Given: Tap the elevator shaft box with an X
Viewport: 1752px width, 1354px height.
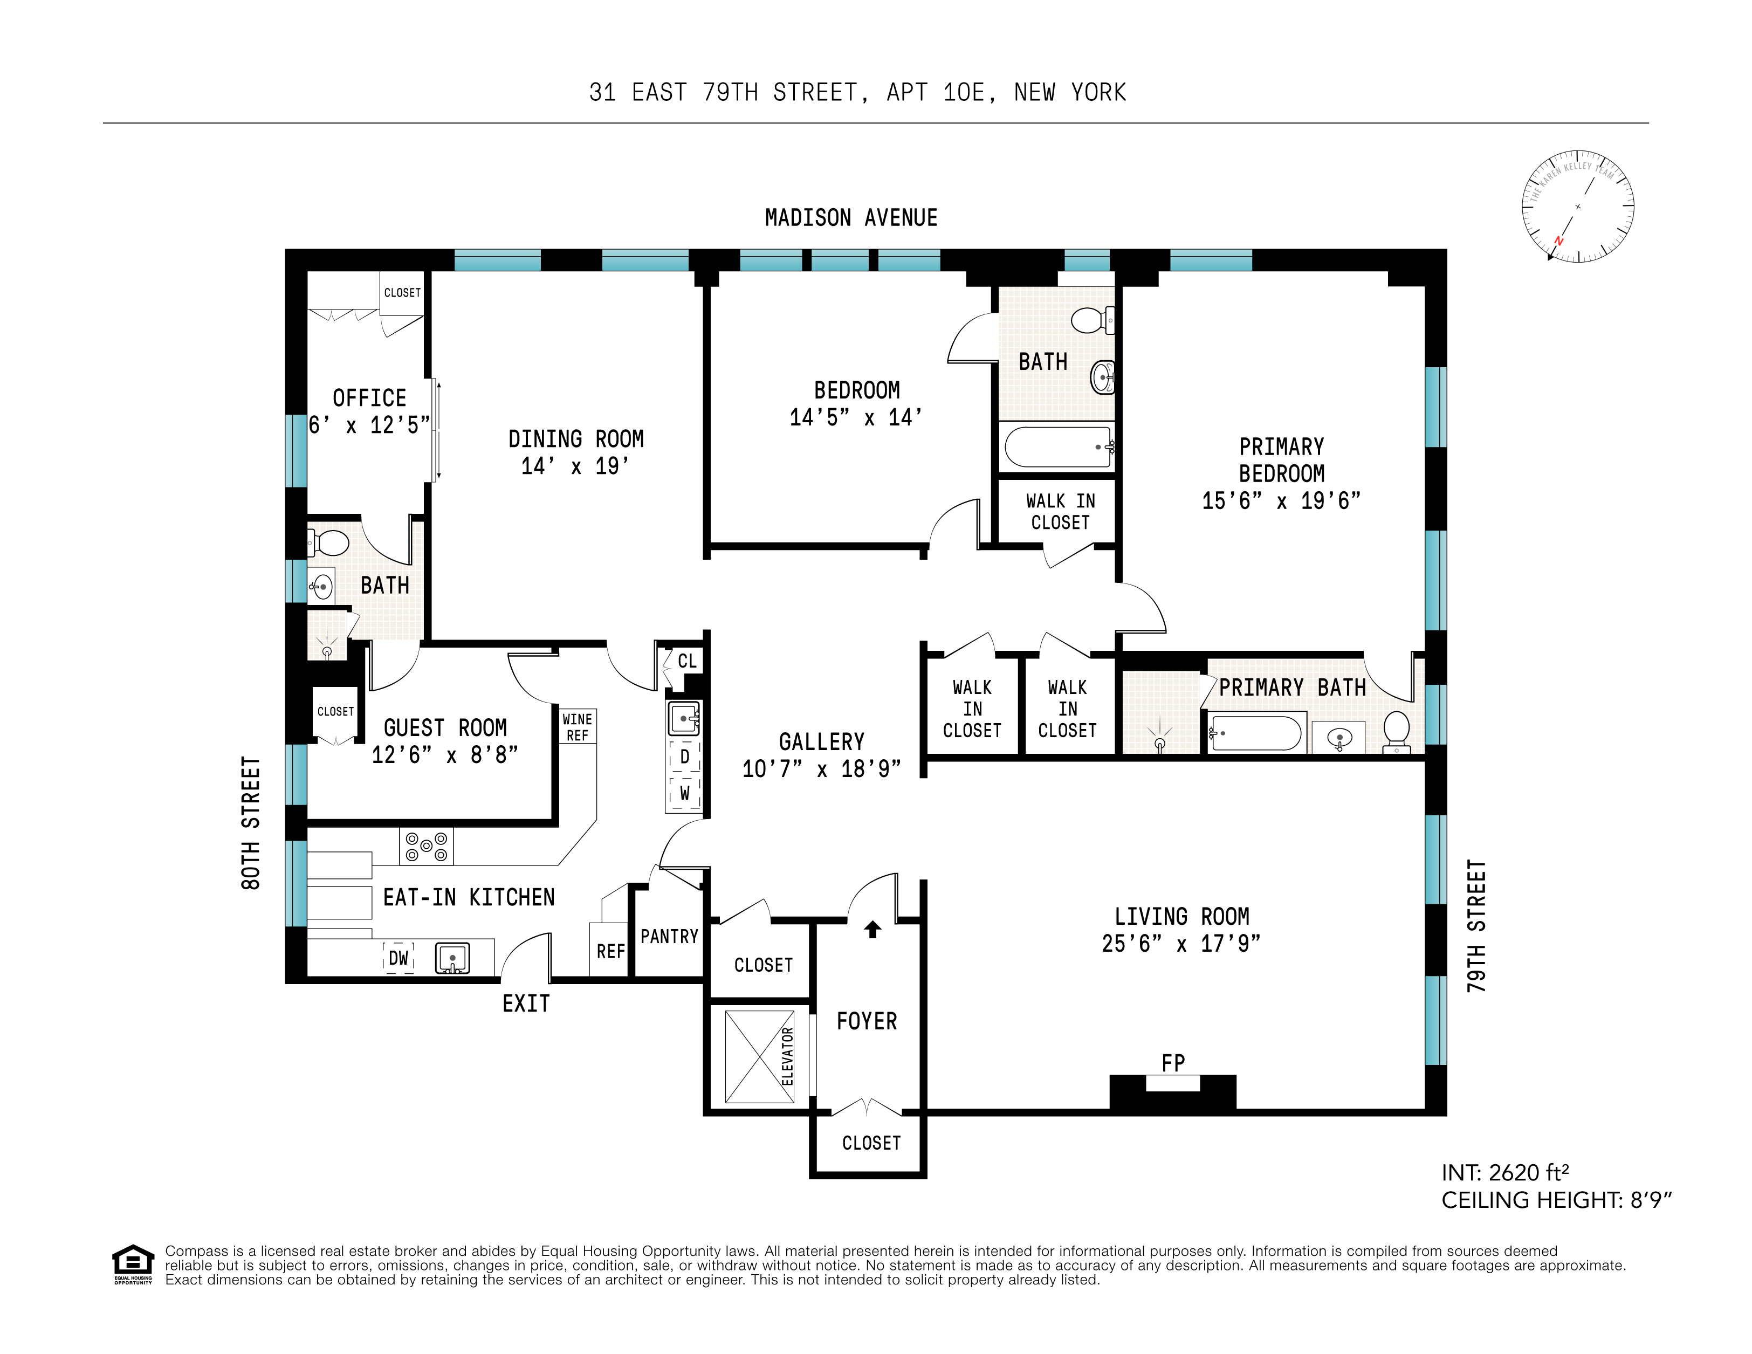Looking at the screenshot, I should click(x=759, y=1056).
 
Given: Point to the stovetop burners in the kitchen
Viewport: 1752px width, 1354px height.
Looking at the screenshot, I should click(x=426, y=846).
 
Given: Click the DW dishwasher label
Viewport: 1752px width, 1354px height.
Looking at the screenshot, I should click(x=399, y=958).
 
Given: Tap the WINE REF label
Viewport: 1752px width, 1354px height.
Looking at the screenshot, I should click(x=577, y=727).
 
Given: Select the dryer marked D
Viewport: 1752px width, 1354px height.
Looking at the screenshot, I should click(x=684, y=757).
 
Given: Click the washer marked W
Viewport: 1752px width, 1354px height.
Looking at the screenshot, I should click(x=684, y=793).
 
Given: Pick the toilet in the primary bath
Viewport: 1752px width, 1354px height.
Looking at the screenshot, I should click(x=1397, y=731).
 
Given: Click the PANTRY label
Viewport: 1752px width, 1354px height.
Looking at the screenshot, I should click(x=669, y=936).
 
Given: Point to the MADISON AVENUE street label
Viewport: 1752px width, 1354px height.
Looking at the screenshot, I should click(x=851, y=218).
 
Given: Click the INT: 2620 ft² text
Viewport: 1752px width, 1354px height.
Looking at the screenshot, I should click(x=1505, y=1173).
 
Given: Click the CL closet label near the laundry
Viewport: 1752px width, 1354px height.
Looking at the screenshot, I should click(x=686, y=661).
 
